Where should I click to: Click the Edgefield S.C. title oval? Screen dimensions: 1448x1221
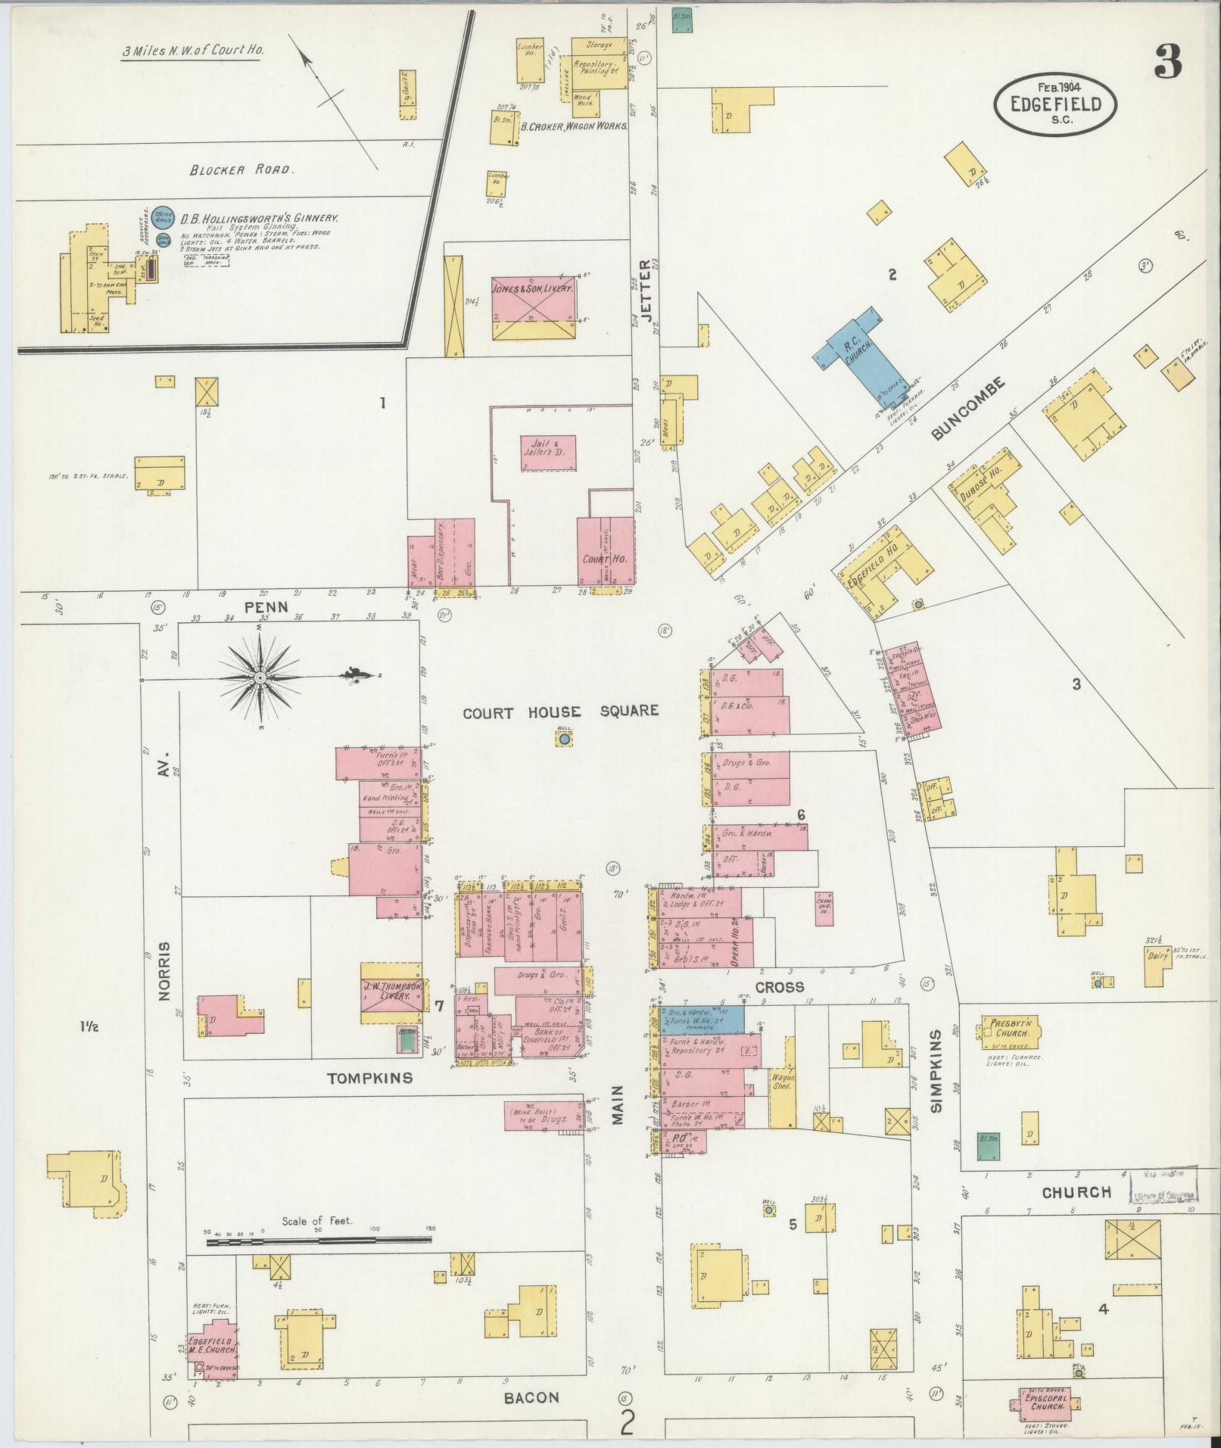1054,103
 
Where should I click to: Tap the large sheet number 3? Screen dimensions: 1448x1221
1168,63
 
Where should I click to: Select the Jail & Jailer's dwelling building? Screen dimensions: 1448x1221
548,453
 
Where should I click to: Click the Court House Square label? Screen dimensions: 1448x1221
560,711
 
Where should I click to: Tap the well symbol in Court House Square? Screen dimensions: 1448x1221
565,739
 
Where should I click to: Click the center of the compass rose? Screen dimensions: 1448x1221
260,677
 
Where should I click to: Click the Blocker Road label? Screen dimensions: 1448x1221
240,170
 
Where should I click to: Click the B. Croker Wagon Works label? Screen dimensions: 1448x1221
573,126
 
